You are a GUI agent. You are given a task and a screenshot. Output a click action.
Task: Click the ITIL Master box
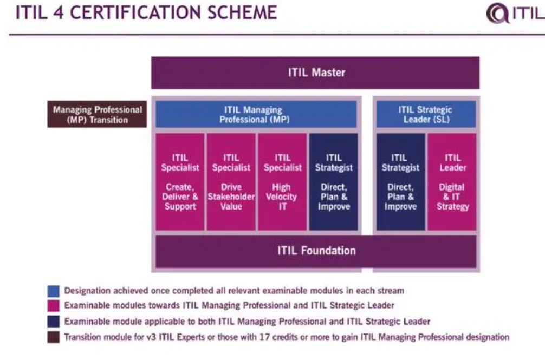[315, 73]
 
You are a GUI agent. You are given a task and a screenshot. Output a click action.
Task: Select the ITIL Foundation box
[316, 251]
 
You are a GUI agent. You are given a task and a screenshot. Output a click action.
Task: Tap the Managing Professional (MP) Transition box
[97, 114]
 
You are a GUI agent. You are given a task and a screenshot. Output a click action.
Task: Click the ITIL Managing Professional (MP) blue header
[256, 114]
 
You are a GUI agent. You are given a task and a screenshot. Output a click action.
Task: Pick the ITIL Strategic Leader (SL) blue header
[426, 114]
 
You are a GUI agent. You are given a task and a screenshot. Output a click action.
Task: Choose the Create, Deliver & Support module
[180, 181]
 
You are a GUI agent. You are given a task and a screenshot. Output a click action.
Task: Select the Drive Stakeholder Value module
[231, 181]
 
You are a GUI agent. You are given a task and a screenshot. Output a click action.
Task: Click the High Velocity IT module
[282, 181]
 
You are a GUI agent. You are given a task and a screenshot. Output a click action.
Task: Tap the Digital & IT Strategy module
[452, 181]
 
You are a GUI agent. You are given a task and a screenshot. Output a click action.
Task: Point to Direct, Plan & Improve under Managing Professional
[333, 181]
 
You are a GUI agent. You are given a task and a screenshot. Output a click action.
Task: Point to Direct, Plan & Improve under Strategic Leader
[401, 181]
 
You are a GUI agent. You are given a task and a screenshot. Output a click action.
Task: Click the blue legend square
[54, 291]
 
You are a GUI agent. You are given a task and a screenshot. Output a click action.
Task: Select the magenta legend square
[54, 306]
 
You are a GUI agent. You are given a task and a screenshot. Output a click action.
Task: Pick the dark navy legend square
[54, 322]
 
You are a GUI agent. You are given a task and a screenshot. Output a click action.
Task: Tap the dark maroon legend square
[54, 337]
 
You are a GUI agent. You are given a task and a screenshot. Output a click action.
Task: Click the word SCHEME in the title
[242, 12]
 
